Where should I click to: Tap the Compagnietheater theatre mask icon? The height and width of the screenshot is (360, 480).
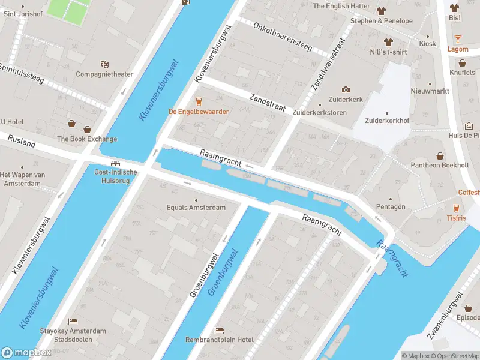(104, 64)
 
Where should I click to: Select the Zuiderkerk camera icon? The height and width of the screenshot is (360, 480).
(345, 89)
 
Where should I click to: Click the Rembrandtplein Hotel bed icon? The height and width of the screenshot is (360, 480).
(219, 330)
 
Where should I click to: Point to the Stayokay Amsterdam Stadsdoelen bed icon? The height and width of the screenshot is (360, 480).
(73, 322)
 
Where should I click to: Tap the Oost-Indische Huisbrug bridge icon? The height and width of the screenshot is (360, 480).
(115, 163)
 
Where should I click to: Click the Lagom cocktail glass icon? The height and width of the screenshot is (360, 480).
(458, 39)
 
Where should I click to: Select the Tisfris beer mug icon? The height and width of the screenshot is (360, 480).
(456, 208)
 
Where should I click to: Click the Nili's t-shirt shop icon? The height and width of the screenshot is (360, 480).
(388, 42)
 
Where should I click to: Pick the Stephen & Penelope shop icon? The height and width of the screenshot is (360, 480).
(381, 11)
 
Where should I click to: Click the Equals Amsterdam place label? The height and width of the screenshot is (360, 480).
(196, 208)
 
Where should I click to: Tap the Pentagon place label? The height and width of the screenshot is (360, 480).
(391, 207)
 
